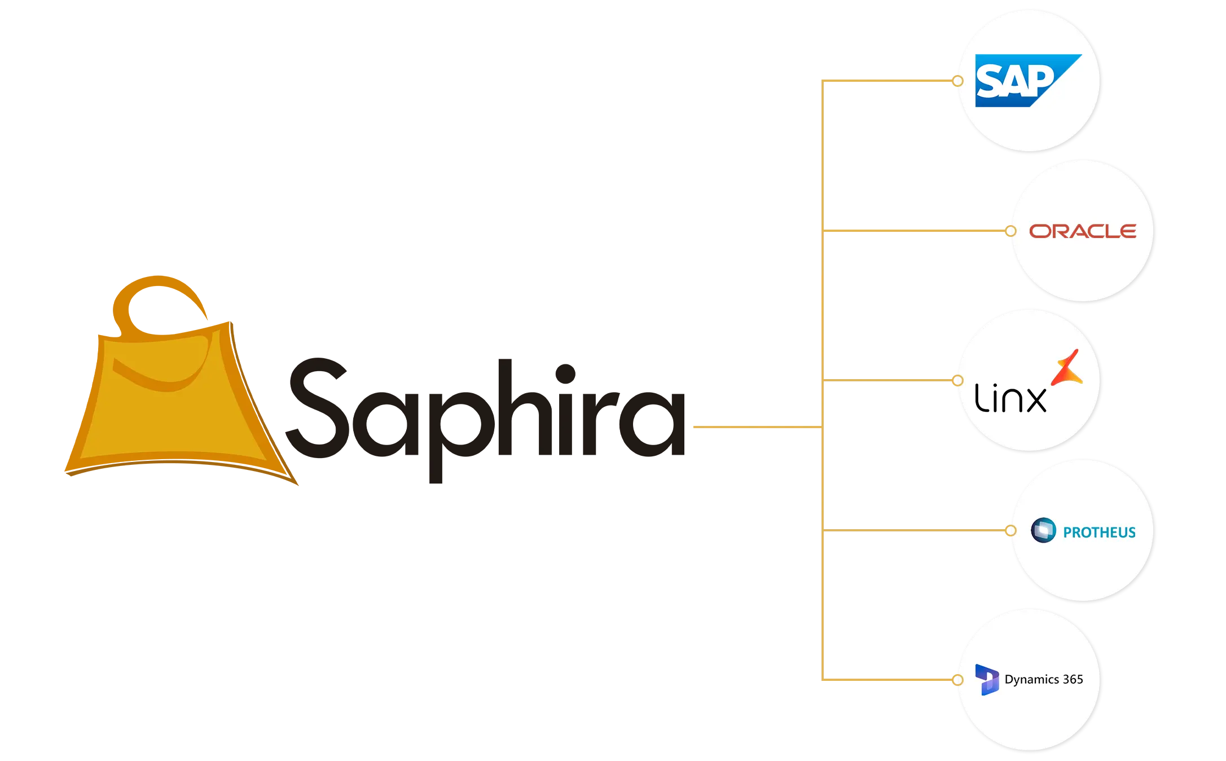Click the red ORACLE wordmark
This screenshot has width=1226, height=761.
(1082, 231)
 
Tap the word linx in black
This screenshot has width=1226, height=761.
(1010, 398)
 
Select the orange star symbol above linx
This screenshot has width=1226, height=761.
(1067, 368)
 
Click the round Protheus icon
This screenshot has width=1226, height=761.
(1043, 530)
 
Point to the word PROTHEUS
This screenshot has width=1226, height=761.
(1099, 533)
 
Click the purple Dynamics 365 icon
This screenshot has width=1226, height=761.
(987, 679)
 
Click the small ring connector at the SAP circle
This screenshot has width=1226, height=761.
(957, 81)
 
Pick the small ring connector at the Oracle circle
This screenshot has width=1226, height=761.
(1010, 231)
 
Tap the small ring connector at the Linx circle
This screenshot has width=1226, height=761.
(957, 381)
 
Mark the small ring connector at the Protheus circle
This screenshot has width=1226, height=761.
(1010, 530)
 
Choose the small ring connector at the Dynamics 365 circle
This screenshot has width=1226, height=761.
(957, 680)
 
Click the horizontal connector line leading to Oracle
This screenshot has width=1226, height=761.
(914, 231)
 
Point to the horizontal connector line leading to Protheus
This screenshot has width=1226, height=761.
(914, 530)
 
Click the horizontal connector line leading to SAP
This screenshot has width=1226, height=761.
(889, 81)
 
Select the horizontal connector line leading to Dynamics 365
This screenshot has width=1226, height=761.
(889, 680)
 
